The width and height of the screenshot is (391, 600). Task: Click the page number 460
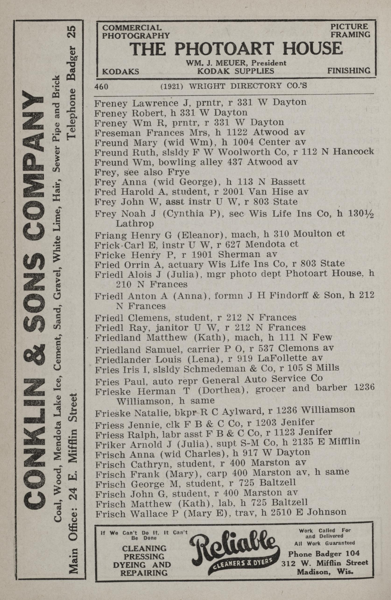tap(101, 86)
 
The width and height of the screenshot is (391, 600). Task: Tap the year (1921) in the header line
tap(172, 86)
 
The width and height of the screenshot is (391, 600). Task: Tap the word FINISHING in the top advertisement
tap(349, 71)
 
